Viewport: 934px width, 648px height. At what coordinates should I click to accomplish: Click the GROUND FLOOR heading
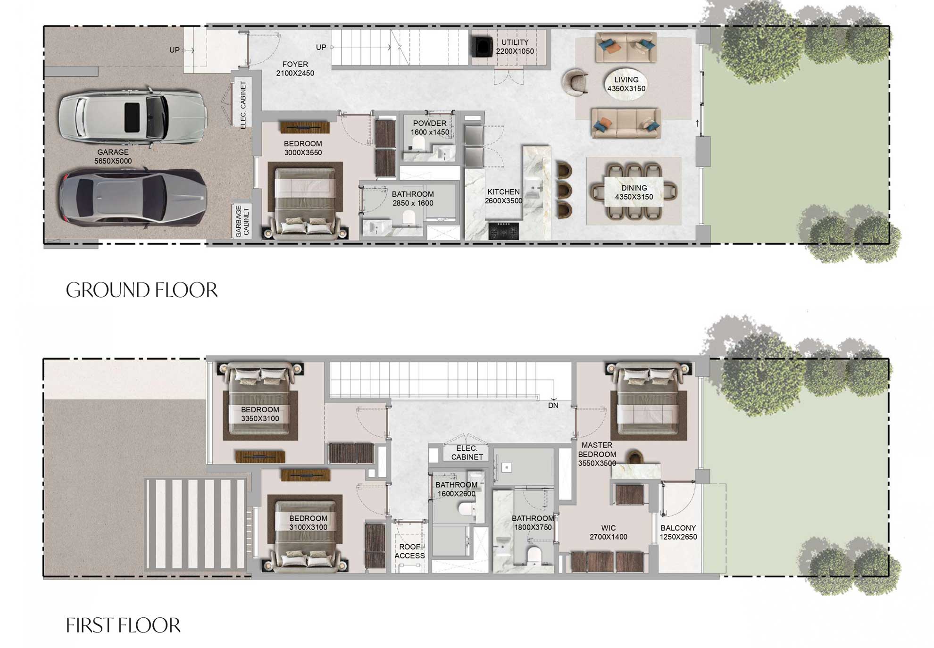pos(142,290)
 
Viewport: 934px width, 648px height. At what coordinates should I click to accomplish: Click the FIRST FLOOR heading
pos(123,625)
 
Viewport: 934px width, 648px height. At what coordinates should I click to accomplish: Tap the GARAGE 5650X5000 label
pos(113,157)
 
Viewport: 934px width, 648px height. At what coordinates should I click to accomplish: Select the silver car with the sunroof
pos(133,116)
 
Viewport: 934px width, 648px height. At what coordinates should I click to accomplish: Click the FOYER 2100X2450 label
pos(295,69)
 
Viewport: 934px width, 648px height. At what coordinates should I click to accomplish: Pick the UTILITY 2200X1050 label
pos(515,47)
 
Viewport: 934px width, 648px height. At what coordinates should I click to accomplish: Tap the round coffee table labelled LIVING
pos(626,85)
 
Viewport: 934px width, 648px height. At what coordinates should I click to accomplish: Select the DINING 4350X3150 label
pos(634,192)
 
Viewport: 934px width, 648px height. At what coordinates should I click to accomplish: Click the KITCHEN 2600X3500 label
pos(503,196)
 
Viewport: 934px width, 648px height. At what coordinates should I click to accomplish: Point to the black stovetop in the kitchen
pos(503,231)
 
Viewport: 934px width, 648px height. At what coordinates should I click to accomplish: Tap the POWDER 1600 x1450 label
pos(429,128)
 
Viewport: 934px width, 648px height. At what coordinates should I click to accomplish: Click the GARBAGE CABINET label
pos(242,221)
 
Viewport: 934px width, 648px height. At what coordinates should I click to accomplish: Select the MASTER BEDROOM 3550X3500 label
pos(597,454)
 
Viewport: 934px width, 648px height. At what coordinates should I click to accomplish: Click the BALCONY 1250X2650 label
pos(678,532)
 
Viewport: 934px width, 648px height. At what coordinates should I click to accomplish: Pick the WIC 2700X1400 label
pos(608,532)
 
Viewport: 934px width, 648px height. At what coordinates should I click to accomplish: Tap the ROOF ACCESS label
pos(409,551)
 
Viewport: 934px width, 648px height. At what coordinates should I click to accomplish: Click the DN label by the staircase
pos(553,406)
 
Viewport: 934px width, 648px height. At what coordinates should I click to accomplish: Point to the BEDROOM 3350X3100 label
pos(260,414)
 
